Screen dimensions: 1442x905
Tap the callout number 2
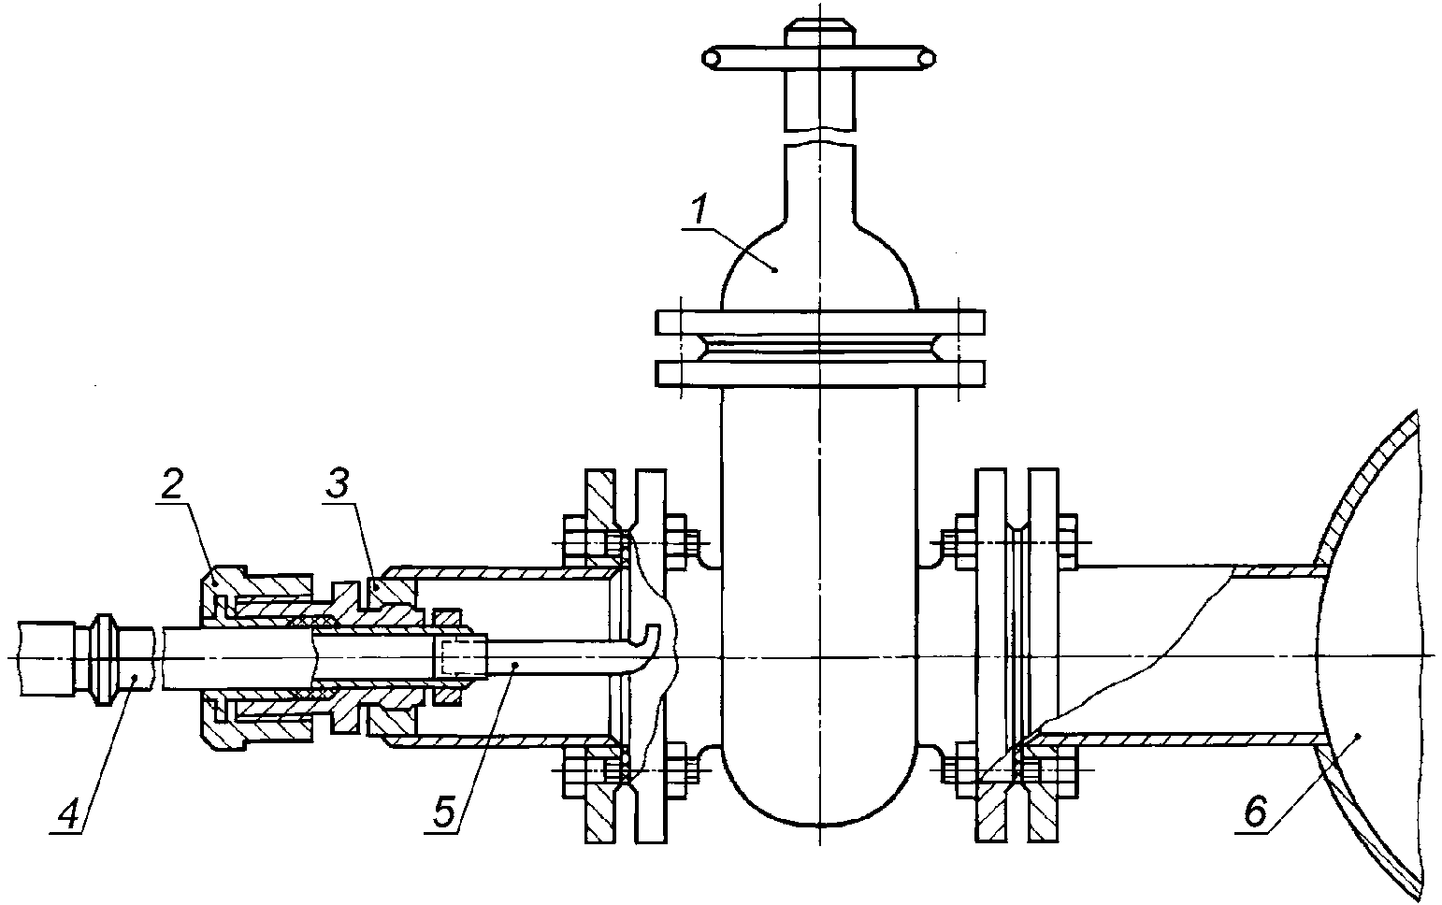point(172,486)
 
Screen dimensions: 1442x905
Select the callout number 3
point(337,484)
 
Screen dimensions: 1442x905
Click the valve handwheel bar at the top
point(819,58)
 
